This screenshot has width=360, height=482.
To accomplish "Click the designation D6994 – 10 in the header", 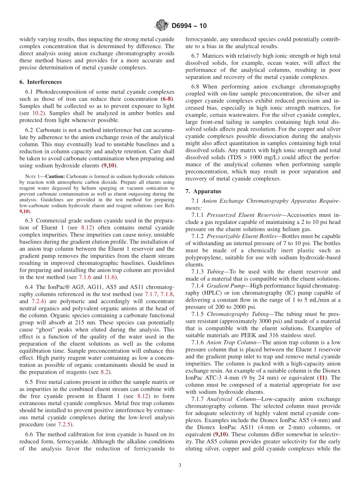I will pyautogui.click(x=189, y=26).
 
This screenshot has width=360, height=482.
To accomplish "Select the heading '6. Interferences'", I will pyautogui.click(x=41, y=82).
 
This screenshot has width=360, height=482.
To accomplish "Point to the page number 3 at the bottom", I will pyautogui.click(x=180, y=466).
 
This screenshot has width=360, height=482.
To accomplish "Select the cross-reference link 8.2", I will pyautogui.click(x=105, y=372).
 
